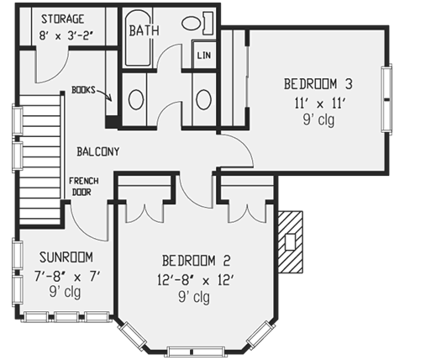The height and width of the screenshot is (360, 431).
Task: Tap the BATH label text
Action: tap(144, 31)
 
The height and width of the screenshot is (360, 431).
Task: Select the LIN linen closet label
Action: tap(203, 56)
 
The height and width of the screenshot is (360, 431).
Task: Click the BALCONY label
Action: tap(97, 152)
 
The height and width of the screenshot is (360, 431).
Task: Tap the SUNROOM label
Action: tap(64, 257)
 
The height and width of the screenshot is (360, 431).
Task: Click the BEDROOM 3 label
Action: tap(317, 83)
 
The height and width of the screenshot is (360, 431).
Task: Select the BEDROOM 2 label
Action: tap(193, 259)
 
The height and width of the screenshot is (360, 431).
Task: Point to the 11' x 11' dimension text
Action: tap(317, 103)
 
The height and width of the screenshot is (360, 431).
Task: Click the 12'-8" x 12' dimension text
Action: tap(193, 278)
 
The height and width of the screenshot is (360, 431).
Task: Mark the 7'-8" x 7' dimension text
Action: tap(64, 276)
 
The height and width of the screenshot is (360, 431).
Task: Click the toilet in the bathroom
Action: tap(195, 23)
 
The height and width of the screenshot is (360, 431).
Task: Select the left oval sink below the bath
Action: tap(135, 99)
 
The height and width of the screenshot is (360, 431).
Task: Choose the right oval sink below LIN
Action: tap(203, 99)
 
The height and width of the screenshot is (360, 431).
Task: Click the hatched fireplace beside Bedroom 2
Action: tap(290, 241)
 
